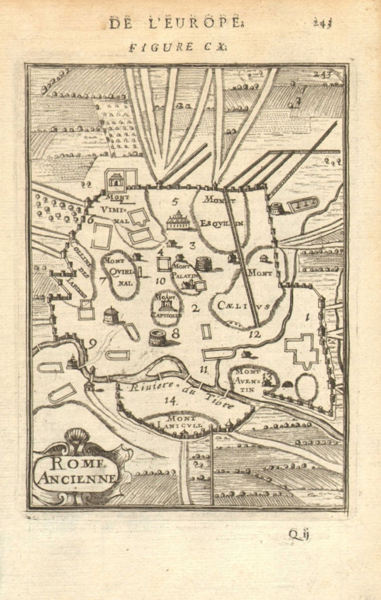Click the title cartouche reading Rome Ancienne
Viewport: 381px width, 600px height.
coord(77,471)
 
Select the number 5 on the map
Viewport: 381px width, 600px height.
coord(174,202)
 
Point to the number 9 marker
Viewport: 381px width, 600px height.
coord(93,344)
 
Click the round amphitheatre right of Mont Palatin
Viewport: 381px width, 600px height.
coord(203,264)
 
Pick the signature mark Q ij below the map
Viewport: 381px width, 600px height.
coord(299,534)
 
